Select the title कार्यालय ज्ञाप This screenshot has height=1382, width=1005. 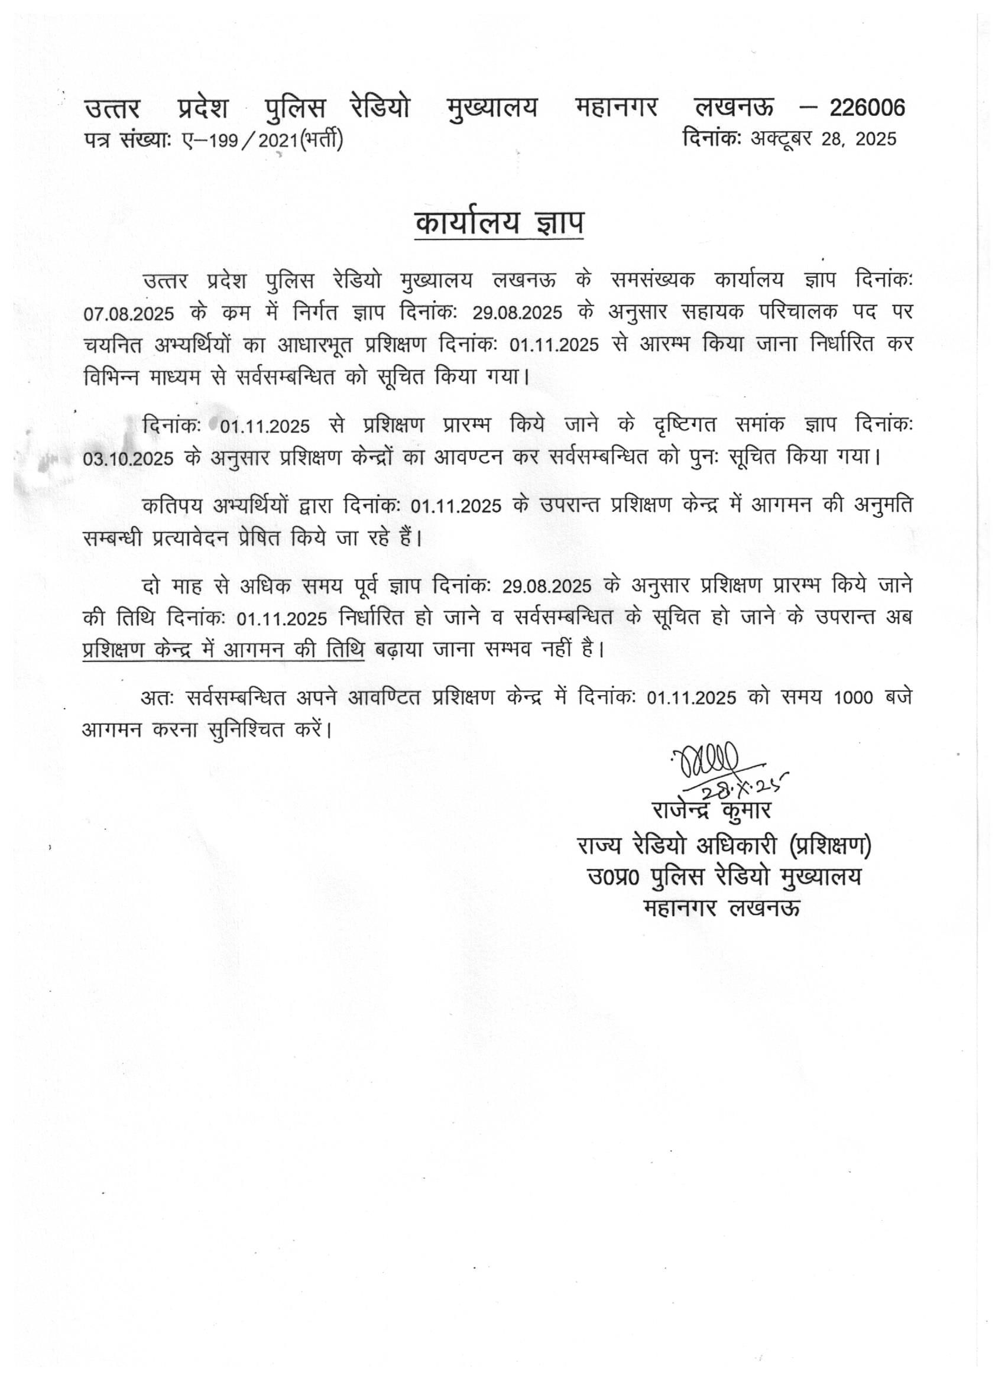point(498,223)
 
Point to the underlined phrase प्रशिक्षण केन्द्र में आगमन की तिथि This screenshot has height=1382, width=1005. point(223,650)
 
